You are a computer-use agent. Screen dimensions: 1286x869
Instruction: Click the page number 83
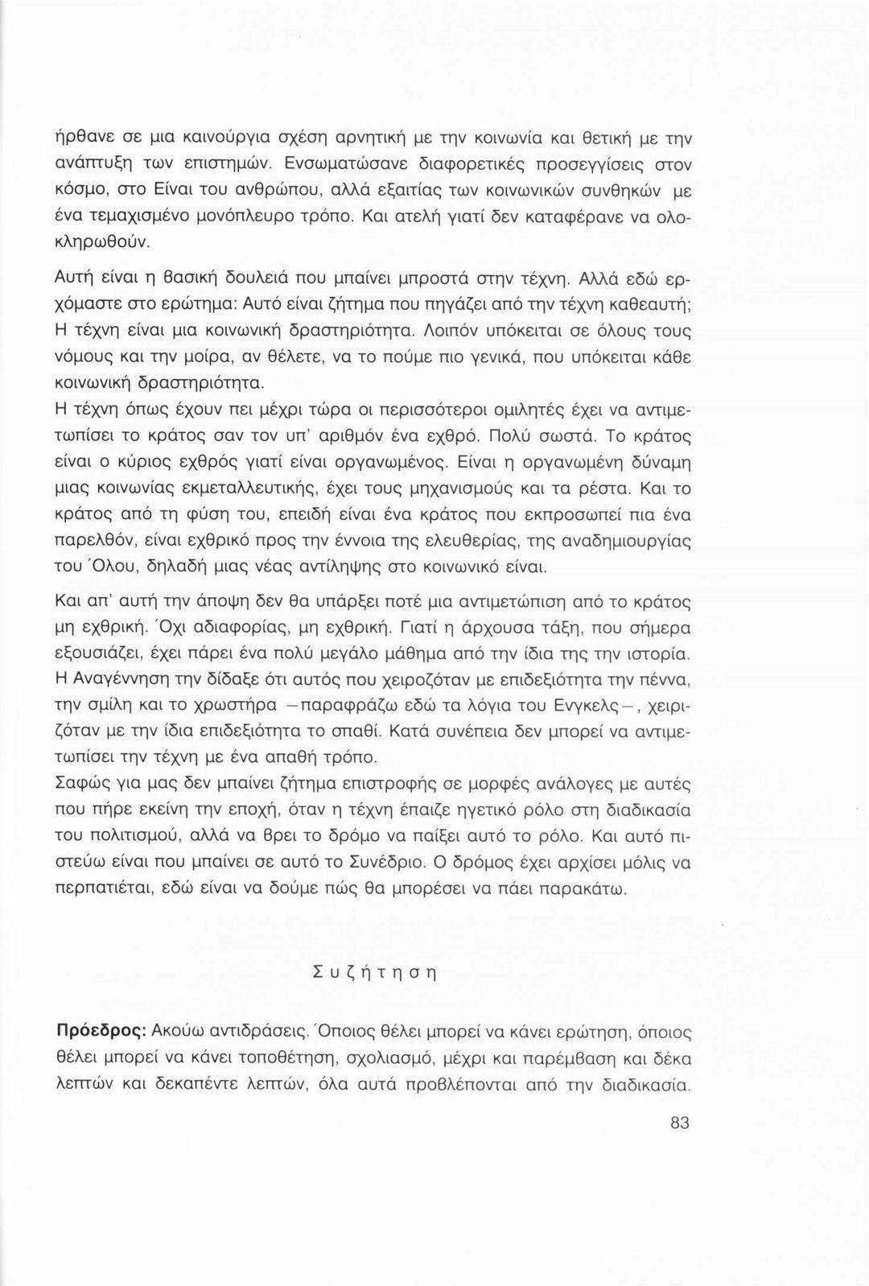coord(679,1123)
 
